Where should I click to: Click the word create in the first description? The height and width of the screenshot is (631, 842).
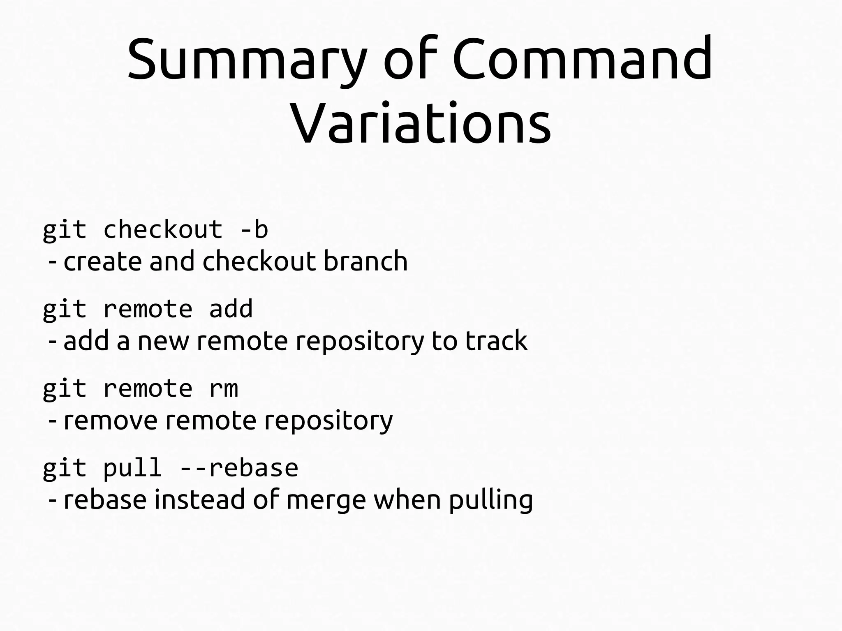[103, 261]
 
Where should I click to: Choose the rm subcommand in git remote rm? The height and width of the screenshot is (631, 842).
[224, 388]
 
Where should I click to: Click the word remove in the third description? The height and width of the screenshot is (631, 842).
[111, 420]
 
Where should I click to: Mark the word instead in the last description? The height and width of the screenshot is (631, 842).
[199, 500]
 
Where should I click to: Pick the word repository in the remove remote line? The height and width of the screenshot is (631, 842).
[328, 420]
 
